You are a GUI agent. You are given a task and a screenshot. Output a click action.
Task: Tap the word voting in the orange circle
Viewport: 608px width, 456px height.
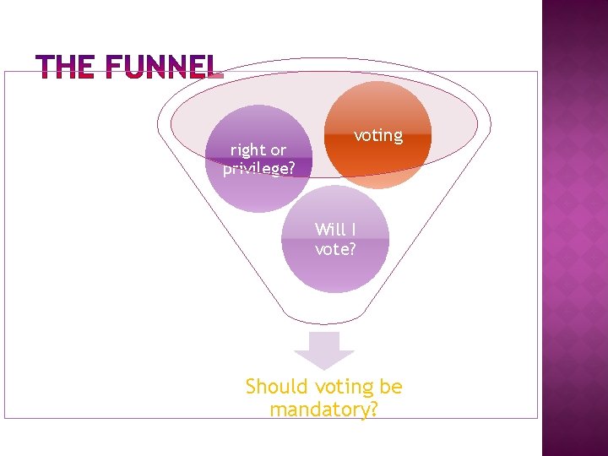click(x=377, y=135)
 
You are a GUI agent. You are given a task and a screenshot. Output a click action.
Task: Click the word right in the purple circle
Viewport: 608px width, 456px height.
click(x=247, y=150)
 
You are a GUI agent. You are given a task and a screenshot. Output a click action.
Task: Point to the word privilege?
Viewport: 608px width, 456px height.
click(x=259, y=168)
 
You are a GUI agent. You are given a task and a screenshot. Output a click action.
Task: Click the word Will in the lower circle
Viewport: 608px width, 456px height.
click(x=328, y=229)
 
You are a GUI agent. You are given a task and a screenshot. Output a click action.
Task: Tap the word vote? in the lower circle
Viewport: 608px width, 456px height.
click(x=335, y=249)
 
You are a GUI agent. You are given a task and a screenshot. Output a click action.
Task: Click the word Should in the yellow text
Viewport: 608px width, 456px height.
click(x=276, y=387)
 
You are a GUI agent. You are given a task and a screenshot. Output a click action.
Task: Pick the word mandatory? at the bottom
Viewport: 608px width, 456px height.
click(x=323, y=410)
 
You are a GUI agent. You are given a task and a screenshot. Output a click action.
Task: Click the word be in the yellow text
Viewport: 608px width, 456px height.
click(x=391, y=387)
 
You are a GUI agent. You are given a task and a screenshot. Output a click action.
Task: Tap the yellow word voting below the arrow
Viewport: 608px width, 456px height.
click(x=344, y=388)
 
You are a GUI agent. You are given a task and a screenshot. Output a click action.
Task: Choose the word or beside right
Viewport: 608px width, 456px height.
click(x=277, y=150)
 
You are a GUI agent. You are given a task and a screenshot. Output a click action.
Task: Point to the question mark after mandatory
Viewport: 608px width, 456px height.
click(x=372, y=410)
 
